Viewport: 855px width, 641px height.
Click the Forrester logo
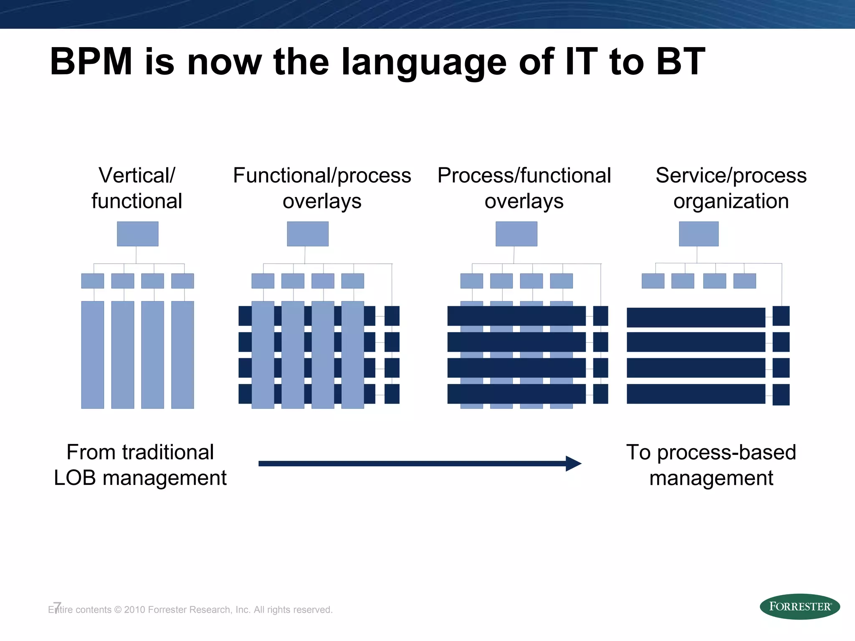pyautogui.click(x=799, y=606)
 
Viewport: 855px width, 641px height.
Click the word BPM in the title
pyautogui.click(x=91, y=62)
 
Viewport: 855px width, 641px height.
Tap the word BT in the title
pyautogui.click(x=680, y=62)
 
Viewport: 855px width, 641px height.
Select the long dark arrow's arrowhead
pyautogui.click(x=573, y=463)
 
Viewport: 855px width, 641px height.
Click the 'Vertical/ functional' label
pyautogui.click(x=137, y=188)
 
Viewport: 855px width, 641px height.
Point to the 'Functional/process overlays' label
pyautogui.click(x=322, y=188)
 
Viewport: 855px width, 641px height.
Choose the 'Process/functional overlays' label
pyautogui.click(x=524, y=188)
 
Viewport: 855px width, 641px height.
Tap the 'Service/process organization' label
pyautogui.click(x=731, y=188)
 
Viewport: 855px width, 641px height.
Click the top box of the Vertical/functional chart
pyautogui.click(x=137, y=234)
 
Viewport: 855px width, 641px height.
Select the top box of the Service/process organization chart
pyautogui.click(x=698, y=234)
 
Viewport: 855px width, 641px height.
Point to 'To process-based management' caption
pyautogui.click(x=711, y=465)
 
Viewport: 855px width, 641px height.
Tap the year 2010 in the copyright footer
pyautogui.click(x=134, y=610)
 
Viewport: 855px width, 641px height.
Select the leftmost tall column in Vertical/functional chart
pyautogui.click(x=93, y=355)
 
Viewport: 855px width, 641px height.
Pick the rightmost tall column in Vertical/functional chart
pyautogui.click(x=182, y=355)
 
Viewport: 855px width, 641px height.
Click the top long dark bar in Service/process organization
pyautogui.click(x=696, y=317)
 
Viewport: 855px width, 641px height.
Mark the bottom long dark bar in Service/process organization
pyautogui.click(x=696, y=394)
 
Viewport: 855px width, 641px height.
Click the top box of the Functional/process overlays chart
pyautogui.click(x=308, y=234)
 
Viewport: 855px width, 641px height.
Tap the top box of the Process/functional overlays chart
pyautogui.click(x=516, y=234)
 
